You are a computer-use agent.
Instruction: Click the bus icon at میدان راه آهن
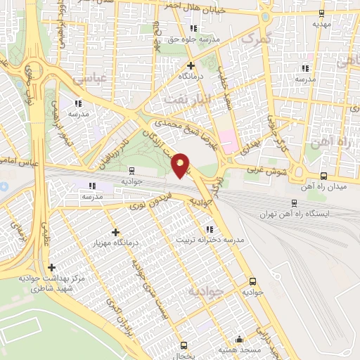pyautogui.click(x=323, y=176)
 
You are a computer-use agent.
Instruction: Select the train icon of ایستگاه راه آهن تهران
pyautogui.click(x=294, y=202)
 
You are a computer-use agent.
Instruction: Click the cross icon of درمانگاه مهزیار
pyautogui.click(x=115, y=232)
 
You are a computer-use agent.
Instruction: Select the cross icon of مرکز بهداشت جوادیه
pyautogui.click(x=51, y=267)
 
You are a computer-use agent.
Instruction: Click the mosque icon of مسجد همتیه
pyautogui.click(x=239, y=338)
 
